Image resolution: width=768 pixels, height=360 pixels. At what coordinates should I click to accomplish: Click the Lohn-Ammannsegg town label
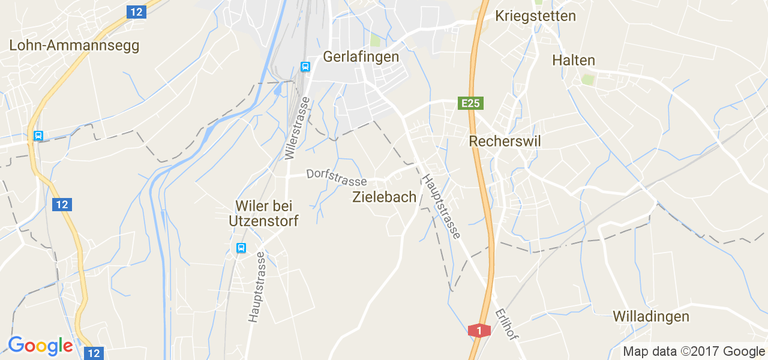point(74,45)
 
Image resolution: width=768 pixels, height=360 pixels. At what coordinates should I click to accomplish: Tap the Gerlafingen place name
point(361,56)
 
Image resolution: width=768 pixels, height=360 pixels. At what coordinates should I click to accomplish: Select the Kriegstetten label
point(535,16)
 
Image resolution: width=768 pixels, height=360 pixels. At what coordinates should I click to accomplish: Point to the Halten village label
point(573,60)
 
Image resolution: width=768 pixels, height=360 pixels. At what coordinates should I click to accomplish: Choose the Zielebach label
point(384,197)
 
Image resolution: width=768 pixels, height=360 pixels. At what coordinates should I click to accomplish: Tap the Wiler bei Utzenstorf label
point(263,213)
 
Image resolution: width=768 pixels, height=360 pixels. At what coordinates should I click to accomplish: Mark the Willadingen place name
point(650,316)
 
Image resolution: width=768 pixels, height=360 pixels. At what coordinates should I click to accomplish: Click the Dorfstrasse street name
point(336,177)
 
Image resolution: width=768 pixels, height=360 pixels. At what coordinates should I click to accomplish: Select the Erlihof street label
point(506,324)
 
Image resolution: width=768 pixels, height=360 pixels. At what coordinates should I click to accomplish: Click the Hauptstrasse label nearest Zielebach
point(441,206)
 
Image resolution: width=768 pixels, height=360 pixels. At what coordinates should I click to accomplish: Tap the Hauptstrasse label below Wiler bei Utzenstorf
point(256,287)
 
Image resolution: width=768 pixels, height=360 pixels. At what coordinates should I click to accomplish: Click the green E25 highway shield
point(470,103)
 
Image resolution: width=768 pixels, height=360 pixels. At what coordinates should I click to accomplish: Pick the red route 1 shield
point(478,330)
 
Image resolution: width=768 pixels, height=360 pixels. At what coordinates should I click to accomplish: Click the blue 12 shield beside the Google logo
point(94,353)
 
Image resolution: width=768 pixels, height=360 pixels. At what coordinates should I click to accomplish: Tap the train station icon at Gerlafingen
point(305,67)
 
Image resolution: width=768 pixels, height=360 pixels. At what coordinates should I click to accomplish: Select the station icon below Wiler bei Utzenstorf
point(241,248)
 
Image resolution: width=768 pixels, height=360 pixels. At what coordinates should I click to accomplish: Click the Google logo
point(40,346)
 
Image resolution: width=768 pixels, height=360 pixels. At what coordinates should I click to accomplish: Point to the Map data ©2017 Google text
point(693,352)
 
